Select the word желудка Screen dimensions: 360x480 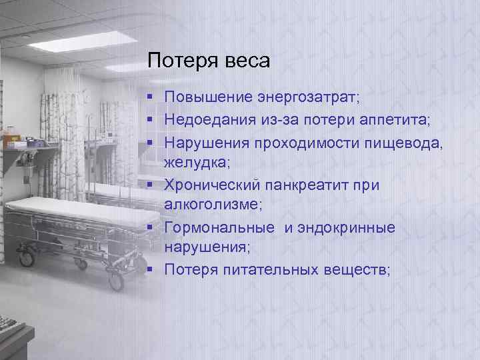[x=193, y=163]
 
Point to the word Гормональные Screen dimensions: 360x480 [x=220, y=228]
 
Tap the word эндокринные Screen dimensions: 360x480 [x=346, y=228]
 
